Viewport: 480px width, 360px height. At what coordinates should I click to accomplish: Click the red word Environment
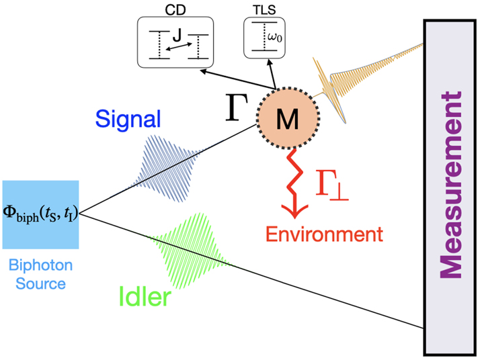[x=324, y=235]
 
